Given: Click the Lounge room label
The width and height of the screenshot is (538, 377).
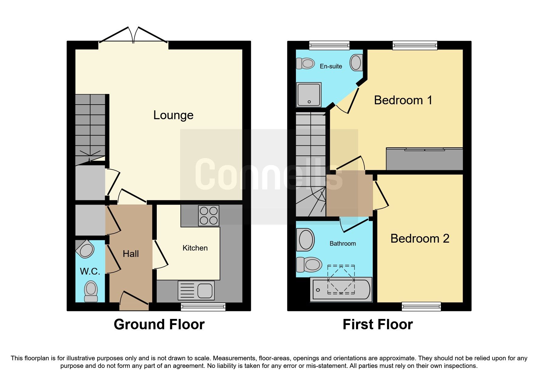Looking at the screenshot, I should tap(173, 115).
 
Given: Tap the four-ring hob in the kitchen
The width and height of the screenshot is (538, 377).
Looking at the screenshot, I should tap(209, 216).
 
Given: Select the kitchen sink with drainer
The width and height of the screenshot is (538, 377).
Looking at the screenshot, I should tap(196, 290).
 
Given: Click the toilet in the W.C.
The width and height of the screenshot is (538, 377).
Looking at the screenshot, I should tap(91, 291).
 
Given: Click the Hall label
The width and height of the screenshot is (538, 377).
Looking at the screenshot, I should tap(131, 254).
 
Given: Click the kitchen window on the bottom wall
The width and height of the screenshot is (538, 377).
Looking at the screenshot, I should tap(203, 306).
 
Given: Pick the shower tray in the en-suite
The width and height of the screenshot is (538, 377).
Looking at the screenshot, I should tap(309, 95).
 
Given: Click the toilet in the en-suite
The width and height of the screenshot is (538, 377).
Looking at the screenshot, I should tap(305, 64).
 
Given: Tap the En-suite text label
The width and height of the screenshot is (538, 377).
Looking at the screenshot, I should tap(331, 66).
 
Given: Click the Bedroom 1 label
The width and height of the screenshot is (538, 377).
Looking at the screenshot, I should tap(403, 100).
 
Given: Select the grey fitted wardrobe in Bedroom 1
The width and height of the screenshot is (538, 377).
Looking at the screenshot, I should tap(424, 159).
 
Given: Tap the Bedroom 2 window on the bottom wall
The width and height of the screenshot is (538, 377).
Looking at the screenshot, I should tap(421, 306).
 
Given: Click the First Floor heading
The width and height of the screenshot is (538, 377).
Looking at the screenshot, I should tap(378, 324).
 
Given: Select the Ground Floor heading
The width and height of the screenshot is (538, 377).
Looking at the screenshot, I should tap(159, 324).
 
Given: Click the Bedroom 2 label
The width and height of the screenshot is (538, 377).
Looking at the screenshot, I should tap(420, 239).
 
